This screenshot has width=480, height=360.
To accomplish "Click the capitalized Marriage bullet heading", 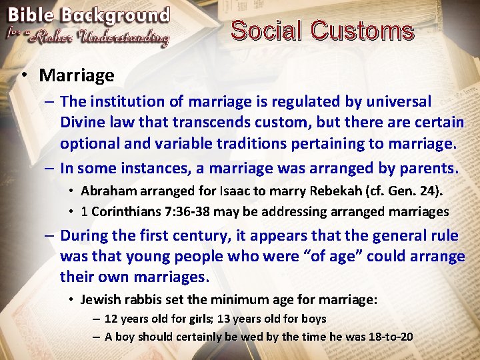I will pyautogui.click(x=76, y=75).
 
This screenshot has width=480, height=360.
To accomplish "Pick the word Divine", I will pyautogui.click(x=83, y=123).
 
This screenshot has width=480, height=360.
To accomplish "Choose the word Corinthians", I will pyautogui.click(x=121, y=211).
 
